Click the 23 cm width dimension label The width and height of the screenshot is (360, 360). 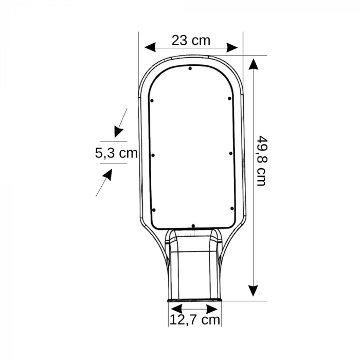click(191, 41)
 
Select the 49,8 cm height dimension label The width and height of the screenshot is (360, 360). click(261, 160)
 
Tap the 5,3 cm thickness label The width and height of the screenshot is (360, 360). click(116, 153)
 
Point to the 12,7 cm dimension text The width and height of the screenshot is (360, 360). click(195, 320)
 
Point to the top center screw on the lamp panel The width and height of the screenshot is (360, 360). click(190, 69)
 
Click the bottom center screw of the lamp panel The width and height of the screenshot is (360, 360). click(193, 226)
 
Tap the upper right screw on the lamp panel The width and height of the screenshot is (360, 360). click(229, 98)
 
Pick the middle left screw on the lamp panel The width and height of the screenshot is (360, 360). click(153, 155)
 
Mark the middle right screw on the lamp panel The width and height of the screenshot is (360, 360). click(230, 153)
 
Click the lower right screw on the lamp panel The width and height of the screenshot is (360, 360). click(232, 208)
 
